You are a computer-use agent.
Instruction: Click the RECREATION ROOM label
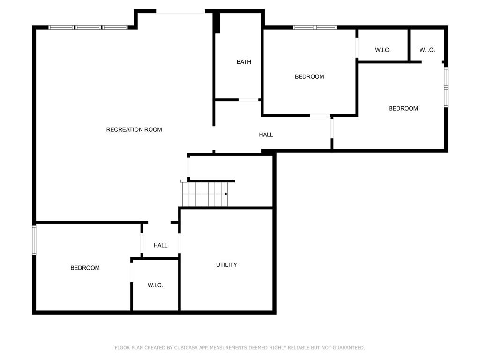click(134, 129)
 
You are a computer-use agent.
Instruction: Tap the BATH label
click(244, 62)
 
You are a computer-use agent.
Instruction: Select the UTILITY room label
click(226, 265)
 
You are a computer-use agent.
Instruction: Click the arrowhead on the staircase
click(226, 194)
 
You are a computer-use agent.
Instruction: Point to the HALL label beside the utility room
click(160, 245)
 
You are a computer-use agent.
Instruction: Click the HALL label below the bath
click(266, 135)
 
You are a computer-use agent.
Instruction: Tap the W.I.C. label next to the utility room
click(155, 285)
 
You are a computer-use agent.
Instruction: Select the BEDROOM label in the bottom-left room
click(85, 268)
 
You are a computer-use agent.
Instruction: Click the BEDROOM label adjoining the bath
click(309, 76)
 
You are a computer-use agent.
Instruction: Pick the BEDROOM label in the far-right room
click(404, 108)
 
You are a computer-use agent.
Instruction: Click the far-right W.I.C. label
click(427, 50)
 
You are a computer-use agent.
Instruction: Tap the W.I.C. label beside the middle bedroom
click(382, 50)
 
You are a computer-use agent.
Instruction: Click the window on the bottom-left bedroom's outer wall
click(34, 240)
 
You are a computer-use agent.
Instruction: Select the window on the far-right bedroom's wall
click(446, 87)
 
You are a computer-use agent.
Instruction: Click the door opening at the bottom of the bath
click(248, 100)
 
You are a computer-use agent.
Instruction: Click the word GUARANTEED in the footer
click(349, 348)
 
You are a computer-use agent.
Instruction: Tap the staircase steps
click(205, 194)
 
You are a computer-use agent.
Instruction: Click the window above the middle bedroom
click(315, 28)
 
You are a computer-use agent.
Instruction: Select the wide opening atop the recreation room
click(180, 12)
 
